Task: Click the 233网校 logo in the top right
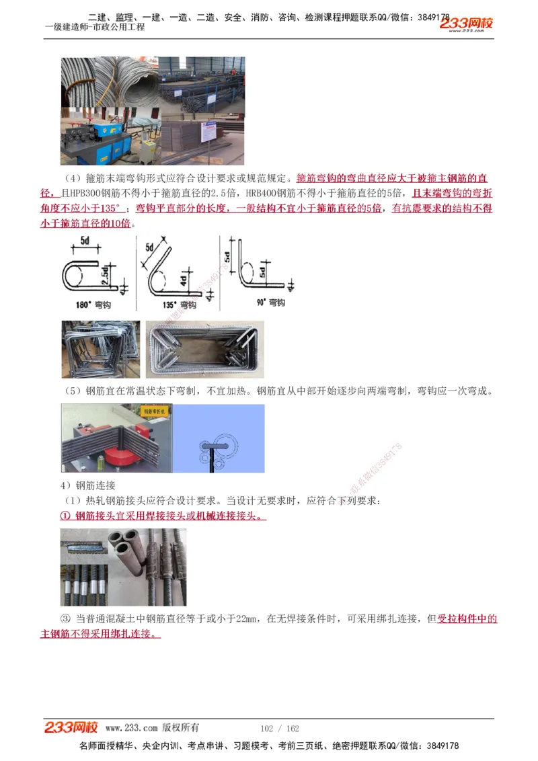(x=467, y=24)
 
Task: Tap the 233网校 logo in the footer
(x=71, y=727)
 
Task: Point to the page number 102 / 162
(x=279, y=729)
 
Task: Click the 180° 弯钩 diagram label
(x=93, y=305)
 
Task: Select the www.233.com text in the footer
(x=131, y=728)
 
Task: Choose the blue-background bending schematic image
(x=219, y=438)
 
